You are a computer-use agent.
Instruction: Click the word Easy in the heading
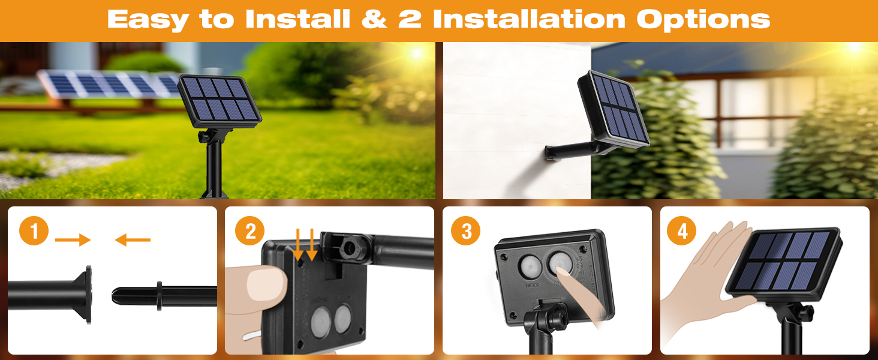click(x=148, y=19)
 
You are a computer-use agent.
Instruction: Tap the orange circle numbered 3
click(x=467, y=232)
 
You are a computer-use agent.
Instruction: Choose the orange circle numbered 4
click(x=682, y=232)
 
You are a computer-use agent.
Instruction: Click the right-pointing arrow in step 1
click(x=73, y=241)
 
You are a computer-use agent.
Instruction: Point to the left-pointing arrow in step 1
click(x=133, y=241)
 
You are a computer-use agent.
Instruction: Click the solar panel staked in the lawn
click(x=220, y=100)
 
